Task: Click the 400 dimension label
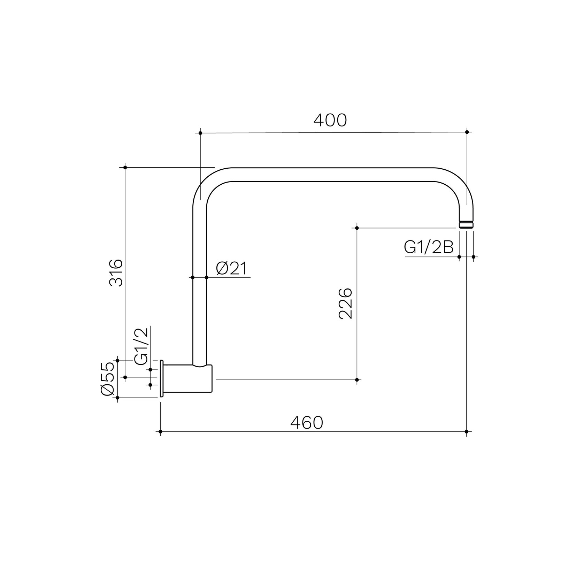click(x=330, y=120)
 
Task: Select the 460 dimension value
click(x=307, y=423)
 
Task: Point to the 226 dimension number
click(x=346, y=303)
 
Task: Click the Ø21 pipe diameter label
click(x=231, y=268)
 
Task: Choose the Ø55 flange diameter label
click(x=108, y=378)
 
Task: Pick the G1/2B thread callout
click(x=429, y=248)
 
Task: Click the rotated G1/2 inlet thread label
click(x=142, y=346)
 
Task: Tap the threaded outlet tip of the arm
click(x=466, y=224)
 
